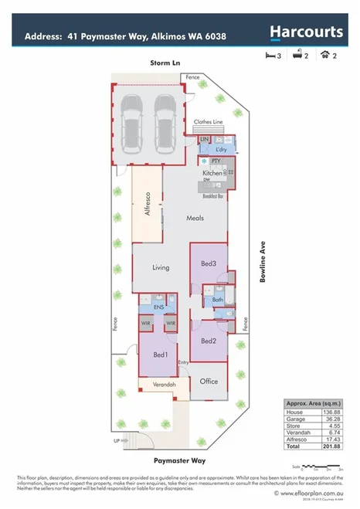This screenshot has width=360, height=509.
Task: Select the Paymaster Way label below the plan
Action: [178, 460]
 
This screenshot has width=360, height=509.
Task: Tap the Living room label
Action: [161, 268]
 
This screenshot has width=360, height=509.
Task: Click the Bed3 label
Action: [209, 264]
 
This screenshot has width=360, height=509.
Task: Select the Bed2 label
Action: [208, 341]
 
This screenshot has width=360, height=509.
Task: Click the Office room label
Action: [209, 381]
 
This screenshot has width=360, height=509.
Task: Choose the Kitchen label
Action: [212, 174]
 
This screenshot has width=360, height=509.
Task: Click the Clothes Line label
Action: [208, 122]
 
